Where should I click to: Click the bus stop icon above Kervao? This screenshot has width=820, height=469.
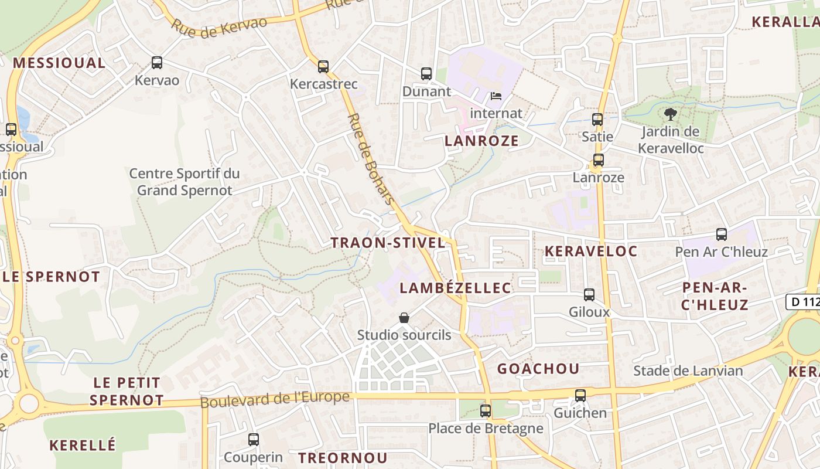click(x=156, y=63)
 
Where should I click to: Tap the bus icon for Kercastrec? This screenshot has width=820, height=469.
click(x=323, y=67)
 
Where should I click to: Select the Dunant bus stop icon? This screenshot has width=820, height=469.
click(x=426, y=74)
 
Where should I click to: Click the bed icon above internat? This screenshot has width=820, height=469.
click(x=496, y=96)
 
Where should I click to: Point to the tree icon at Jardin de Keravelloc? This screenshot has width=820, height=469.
click(x=670, y=114)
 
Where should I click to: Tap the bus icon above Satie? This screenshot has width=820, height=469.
click(x=597, y=120)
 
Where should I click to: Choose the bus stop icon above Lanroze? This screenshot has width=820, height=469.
click(x=598, y=160)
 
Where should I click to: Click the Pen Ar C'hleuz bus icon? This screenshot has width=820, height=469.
click(x=722, y=235)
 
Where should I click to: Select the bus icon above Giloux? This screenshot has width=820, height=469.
click(x=589, y=295)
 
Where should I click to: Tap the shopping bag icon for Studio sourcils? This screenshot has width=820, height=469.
click(x=404, y=318)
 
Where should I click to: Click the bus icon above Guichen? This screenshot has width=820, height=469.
click(x=580, y=396)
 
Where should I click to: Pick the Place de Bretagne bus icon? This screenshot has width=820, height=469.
click(x=486, y=411)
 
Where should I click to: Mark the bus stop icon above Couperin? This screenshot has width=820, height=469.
click(x=254, y=440)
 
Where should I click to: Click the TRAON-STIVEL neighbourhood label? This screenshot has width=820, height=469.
click(x=388, y=243)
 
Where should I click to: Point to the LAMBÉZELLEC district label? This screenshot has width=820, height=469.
click(x=456, y=288)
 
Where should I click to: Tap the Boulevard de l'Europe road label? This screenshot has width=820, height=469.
click(x=275, y=399)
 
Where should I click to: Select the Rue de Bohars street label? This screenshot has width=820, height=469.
click(x=371, y=158)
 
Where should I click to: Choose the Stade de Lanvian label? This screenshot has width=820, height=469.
click(x=688, y=371)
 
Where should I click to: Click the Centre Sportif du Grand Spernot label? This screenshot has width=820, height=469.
click(x=184, y=182)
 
